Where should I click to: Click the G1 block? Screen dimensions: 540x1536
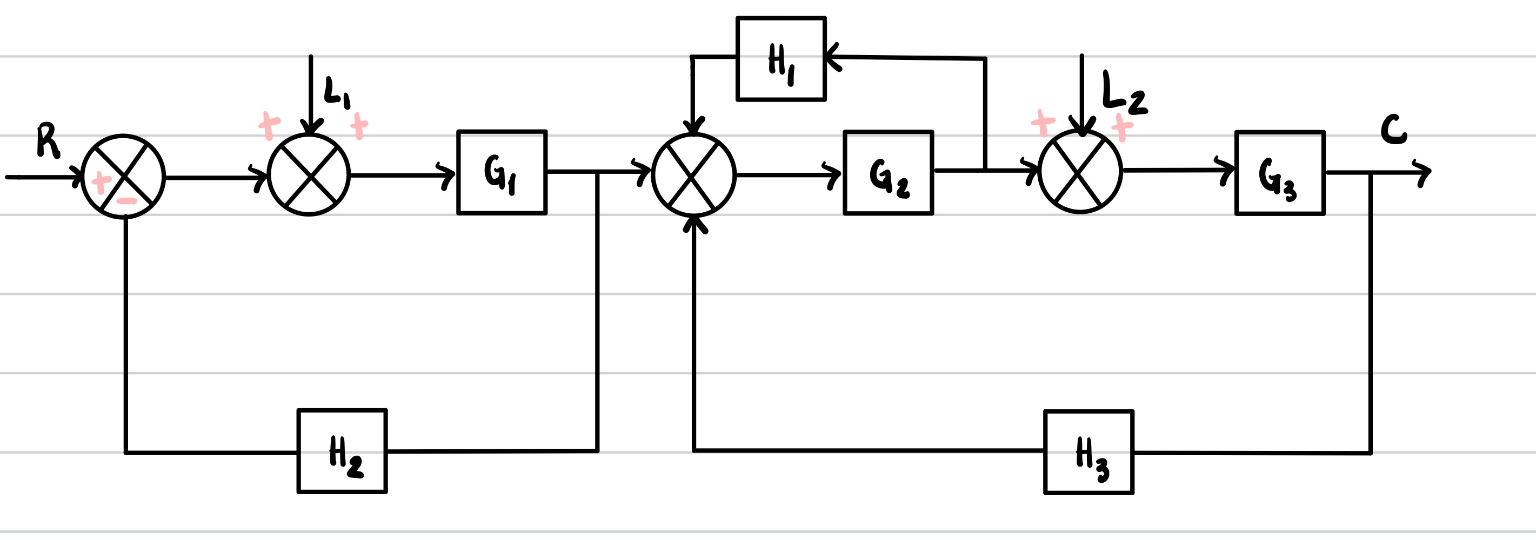tap(502, 172)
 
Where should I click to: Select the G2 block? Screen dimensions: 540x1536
tap(888, 173)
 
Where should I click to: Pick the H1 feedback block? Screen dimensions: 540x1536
tap(781, 59)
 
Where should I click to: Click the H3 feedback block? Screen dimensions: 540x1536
tap(1088, 453)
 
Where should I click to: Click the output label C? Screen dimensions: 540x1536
tap(1393, 131)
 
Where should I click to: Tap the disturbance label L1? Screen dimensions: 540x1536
tap(337, 92)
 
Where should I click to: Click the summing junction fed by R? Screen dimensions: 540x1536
tap(123, 177)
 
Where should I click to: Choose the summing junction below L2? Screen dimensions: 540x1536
tap(1080, 172)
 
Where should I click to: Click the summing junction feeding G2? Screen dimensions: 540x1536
tap(693, 174)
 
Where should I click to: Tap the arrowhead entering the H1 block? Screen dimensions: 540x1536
tap(832, 57)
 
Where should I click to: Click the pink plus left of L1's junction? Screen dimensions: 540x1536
tap(269, 126)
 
